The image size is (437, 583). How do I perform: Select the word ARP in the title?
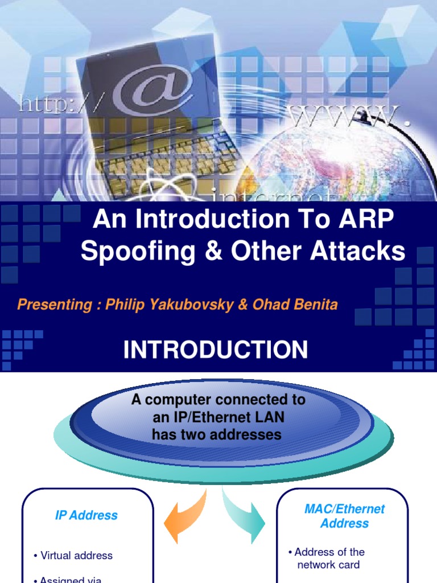[x=364, y=220]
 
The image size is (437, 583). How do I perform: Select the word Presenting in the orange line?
[x=53, y=305]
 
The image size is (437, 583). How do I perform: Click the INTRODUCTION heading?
[x=216, y=350]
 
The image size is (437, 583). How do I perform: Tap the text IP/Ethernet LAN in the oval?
[x=218, y=417]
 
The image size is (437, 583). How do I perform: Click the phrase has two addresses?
[x=217, y=434]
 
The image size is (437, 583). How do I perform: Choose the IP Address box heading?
[x=86, y=515]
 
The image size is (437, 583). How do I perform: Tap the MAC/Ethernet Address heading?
[x=344, y=516]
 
